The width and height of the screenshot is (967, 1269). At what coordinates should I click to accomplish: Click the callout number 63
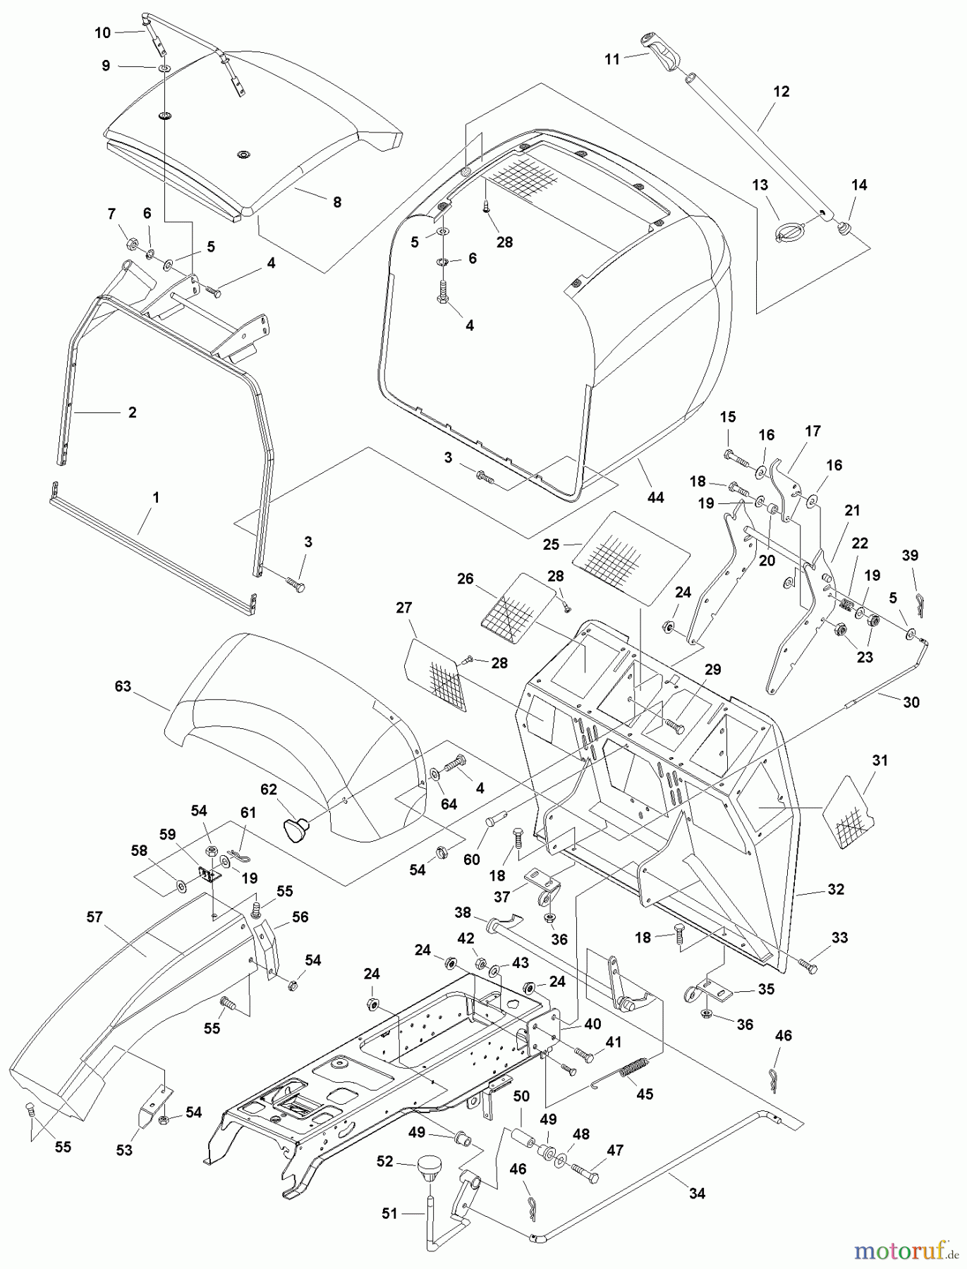(x=123, y=686)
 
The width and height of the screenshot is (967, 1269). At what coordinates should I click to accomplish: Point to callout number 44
(x=655, y=498)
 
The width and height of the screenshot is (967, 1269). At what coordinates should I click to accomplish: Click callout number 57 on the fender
(x=95, y=917)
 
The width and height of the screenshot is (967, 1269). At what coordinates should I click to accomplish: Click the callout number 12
(x=781, y=92)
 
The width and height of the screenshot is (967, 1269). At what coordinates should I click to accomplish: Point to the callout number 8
(x=337, y=202)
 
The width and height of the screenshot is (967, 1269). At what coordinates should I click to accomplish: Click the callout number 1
(x=156, y=498)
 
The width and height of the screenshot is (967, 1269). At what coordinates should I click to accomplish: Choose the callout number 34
(x=696, y=1194)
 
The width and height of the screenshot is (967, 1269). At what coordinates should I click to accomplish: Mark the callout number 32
(x=836, y=890)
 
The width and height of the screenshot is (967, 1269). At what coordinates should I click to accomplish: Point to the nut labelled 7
(x=132, y=245)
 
